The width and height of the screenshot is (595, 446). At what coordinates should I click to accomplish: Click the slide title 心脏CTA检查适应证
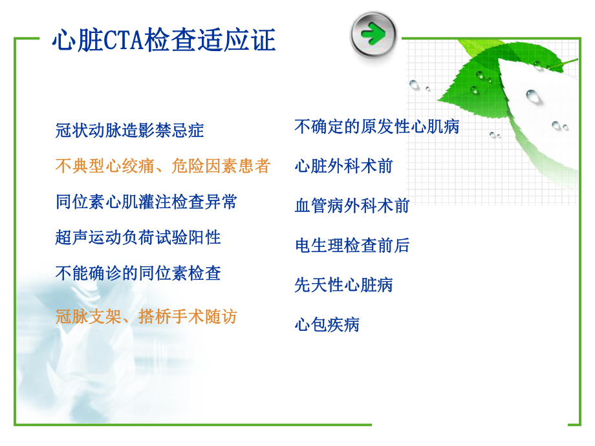point(164,41)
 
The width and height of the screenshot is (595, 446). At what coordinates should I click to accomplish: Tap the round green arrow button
point(373,34)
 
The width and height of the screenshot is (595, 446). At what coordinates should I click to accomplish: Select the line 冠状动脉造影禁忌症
point(130,131)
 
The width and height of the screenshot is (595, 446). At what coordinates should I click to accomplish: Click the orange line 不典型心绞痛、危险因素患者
point(163,166)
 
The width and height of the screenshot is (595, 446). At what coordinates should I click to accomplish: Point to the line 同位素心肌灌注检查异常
point(146,202)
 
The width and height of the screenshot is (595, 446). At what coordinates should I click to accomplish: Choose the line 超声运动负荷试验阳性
point(138,237)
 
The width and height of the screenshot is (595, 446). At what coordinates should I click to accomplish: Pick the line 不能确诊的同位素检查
point(138,273)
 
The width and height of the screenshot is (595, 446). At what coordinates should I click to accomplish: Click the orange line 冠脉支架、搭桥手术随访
point(146,316)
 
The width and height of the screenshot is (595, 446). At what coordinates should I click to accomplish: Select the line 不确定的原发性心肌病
point(377,126)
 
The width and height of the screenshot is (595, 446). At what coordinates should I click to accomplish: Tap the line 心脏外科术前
point(344,166)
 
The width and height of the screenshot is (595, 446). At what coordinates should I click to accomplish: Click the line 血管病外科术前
point(352,206)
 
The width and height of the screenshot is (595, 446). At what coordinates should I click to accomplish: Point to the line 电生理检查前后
point(352,245)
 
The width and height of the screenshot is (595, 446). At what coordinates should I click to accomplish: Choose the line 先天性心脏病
point(344,284)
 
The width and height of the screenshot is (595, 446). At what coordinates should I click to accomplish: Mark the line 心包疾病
point(327,324)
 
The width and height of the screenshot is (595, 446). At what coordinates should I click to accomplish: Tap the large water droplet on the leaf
point(533,96)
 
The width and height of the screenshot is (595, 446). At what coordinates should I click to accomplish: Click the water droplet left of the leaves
point(414,84)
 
